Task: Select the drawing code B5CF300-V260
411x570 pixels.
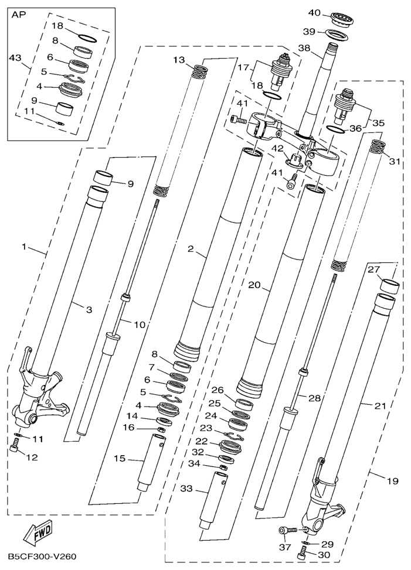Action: tap(42, 557)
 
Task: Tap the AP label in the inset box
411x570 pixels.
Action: tap(19, 15)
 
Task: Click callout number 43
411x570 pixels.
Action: tap(15, 58)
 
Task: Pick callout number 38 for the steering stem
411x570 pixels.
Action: tap(305, 47)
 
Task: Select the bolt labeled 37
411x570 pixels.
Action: tap(288, 530)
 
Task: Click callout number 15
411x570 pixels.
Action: tap(120, 459)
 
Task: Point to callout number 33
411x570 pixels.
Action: tap(187, 489)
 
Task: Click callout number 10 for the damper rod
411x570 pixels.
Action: tap(139, 325)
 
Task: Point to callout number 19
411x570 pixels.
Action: tap(392, 482)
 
